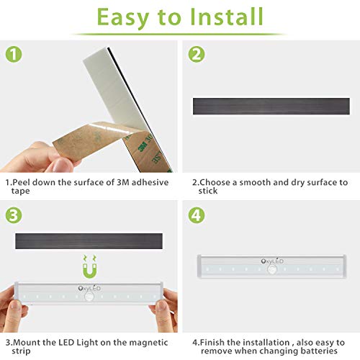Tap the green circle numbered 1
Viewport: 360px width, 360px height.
pyautogui.click(x=13, y=54)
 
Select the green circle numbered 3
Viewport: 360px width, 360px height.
pyautogui.click(x=13, y=214)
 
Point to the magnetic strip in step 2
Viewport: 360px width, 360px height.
pyautogui.click(x=271, y=106)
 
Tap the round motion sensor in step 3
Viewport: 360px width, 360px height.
pyautogui.click(x=89, y=301)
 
